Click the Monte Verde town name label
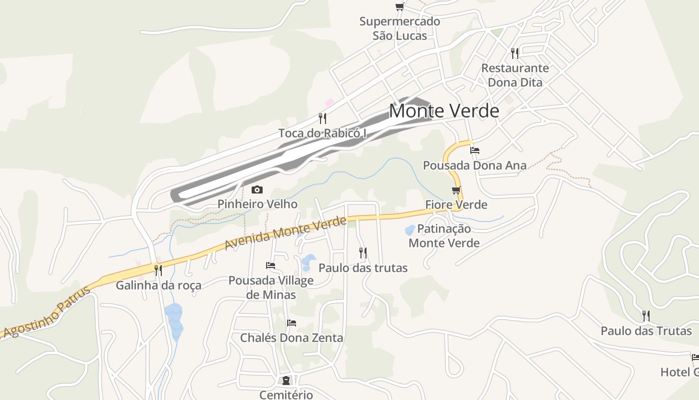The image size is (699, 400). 444,111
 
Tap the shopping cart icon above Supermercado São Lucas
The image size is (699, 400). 399,6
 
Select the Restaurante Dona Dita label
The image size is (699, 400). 515,75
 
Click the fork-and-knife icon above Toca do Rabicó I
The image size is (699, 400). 323,118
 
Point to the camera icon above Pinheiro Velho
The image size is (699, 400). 257,189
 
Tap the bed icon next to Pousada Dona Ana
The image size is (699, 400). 475,150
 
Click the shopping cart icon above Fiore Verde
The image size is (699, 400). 456,190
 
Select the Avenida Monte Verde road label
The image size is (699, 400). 285,233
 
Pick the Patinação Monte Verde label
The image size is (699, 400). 444,236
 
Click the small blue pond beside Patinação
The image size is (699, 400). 410,230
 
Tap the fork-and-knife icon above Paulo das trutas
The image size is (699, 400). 363,253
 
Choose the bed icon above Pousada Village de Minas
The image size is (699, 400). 271,265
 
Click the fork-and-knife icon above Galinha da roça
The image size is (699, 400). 158,270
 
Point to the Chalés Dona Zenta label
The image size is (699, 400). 292,338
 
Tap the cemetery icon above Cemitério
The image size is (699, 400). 286,380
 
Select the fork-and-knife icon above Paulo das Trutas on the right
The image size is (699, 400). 646,315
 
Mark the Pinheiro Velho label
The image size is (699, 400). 257,204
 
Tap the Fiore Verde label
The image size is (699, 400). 456,204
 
